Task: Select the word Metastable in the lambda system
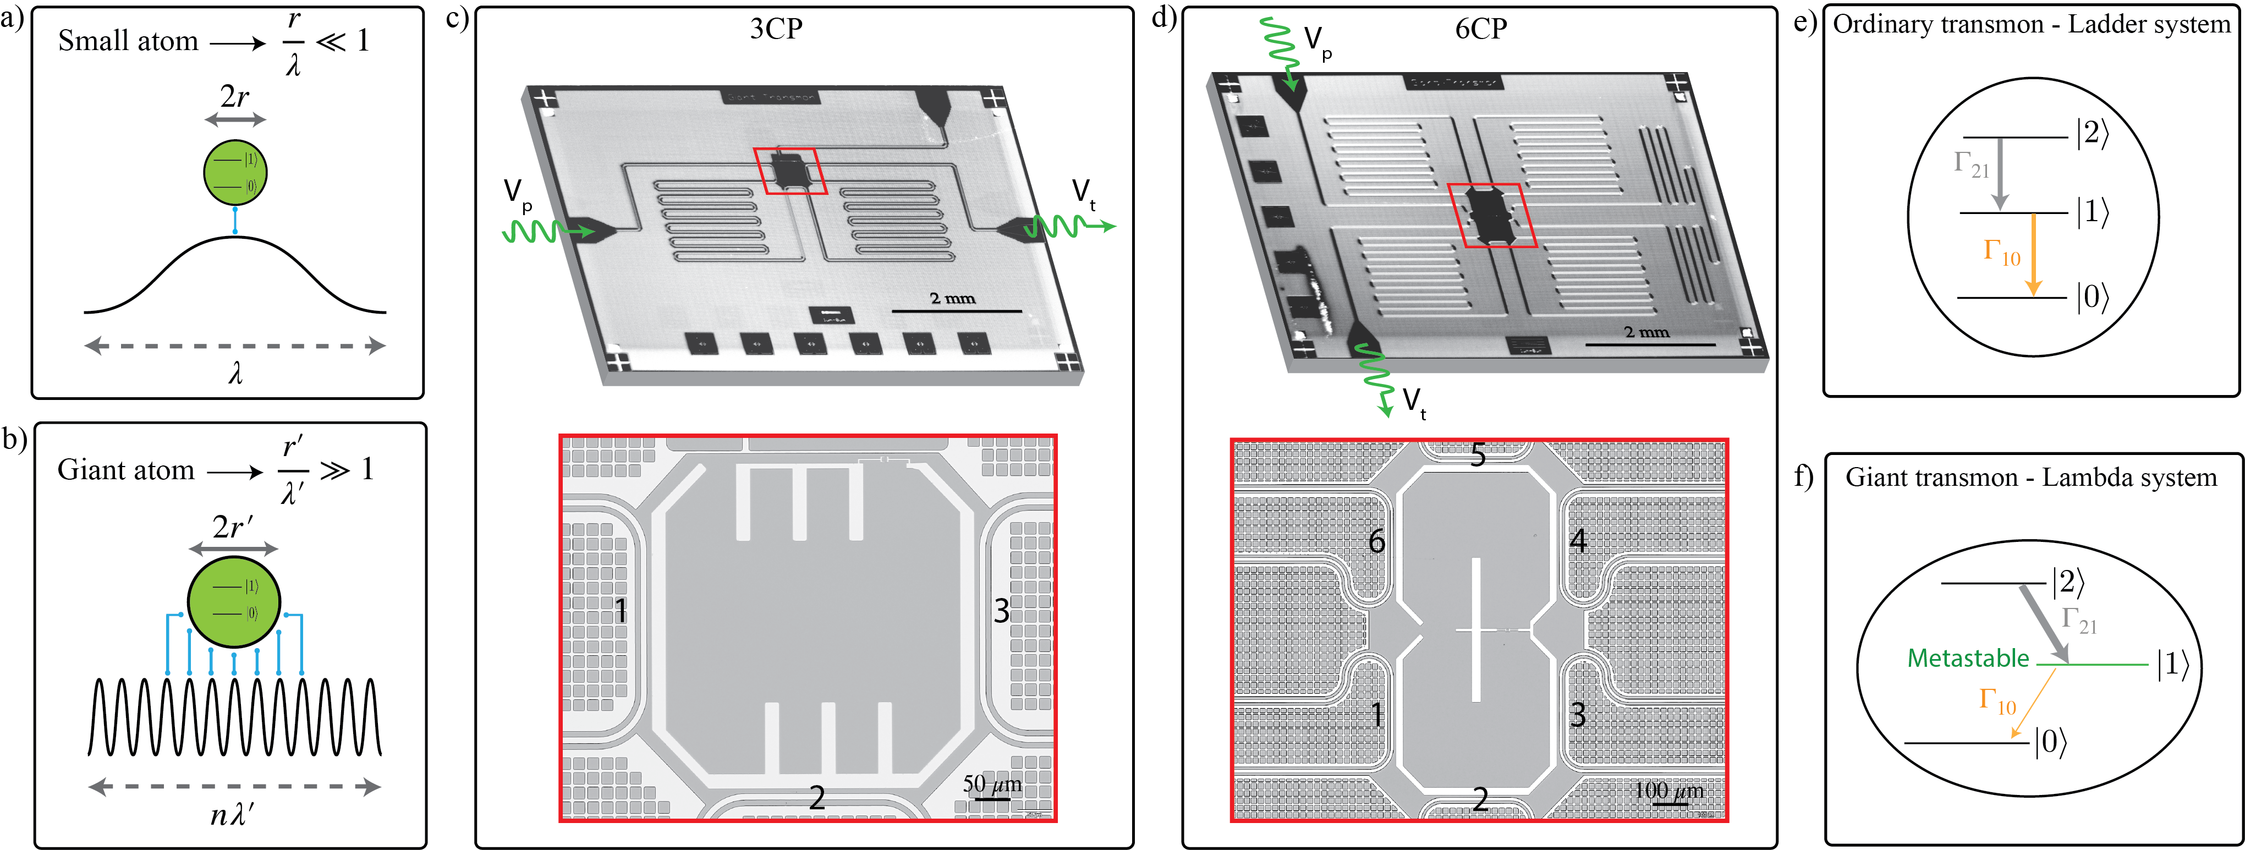click(x=1968, y=658)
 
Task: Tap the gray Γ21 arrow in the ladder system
click(x=2000, y=174)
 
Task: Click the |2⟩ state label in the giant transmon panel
click(x=2068, y=582)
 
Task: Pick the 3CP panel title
click(x=776, y=29)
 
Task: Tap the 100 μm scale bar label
click(x=1668, y=791)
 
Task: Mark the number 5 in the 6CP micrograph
click(x=1478, y=455)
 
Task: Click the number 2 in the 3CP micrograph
click(x=816, y=797)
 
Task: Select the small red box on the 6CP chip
click(x=1491, y=215)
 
